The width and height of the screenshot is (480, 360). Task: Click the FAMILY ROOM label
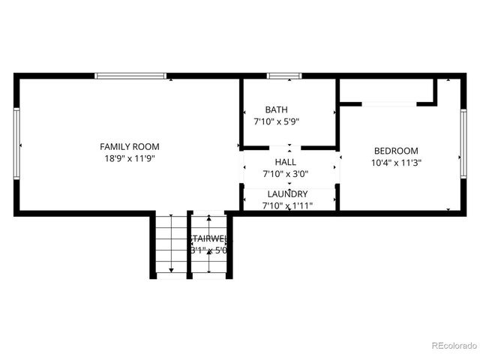[130, 147]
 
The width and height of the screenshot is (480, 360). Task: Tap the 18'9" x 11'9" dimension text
[130, 158]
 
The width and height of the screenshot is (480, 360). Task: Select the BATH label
[276, 109]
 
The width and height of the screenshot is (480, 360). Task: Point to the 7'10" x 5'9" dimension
[276, 121]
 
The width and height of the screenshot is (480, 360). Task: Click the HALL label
[285, 162]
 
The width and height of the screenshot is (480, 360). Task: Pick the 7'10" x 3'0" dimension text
[285, 174]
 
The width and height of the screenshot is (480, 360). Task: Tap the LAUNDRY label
[287, 193]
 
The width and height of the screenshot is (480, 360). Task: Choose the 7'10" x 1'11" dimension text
[287, 205]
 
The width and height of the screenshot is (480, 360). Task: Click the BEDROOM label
[396, 150]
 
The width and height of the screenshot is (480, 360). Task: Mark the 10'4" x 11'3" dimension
[396, 162]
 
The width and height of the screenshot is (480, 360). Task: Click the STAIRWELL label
[208, 238]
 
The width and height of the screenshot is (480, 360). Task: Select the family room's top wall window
[130, 76]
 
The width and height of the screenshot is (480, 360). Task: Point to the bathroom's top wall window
[284, 76]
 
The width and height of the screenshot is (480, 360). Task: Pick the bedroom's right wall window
[463, 144]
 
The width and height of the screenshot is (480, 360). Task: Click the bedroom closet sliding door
[388, 103]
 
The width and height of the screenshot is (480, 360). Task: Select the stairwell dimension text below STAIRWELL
[208, 250]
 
